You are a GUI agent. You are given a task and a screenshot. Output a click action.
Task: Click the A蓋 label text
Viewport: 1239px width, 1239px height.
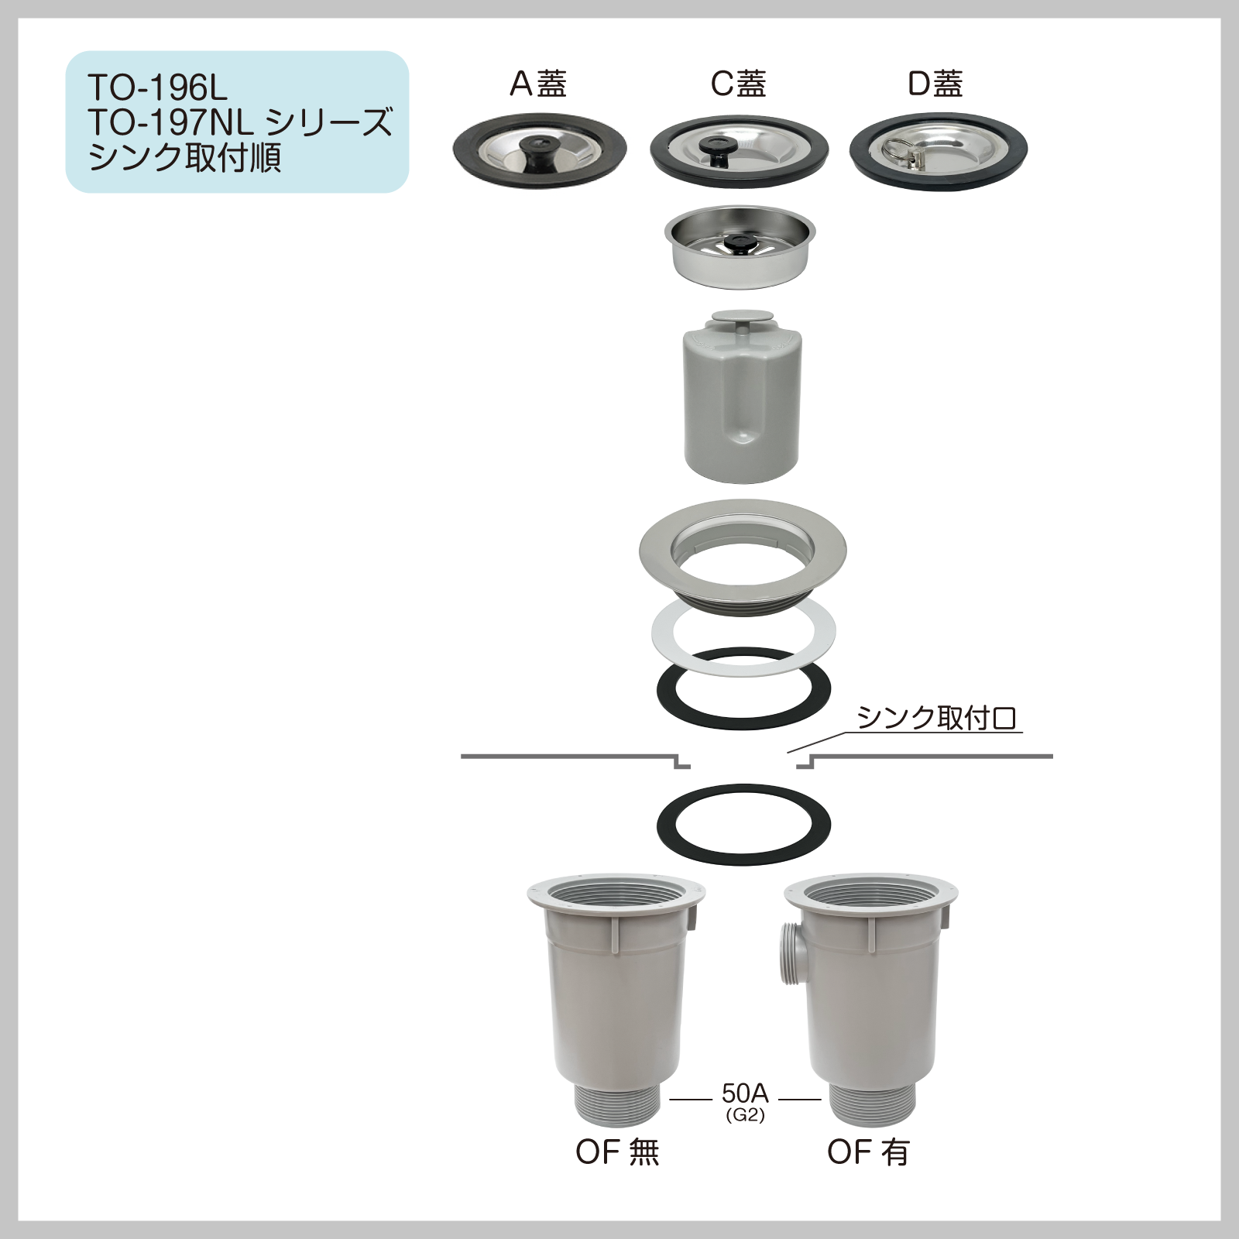tap(538, 84)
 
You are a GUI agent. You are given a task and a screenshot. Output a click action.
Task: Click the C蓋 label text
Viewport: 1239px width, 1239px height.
tap(739, 84)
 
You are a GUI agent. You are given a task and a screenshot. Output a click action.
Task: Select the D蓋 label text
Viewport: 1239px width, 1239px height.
tap(935, 84)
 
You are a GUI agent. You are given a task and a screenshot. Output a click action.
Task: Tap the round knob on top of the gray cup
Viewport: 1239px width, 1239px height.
tap(743, 317)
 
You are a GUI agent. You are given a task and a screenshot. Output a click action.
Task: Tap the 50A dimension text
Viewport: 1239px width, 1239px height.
tap(745, 1093)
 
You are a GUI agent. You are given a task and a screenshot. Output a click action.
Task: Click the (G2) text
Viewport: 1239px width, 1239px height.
tap(745, 1116)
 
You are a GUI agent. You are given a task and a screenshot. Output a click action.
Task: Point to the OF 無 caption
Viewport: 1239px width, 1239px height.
tap(617, 1152)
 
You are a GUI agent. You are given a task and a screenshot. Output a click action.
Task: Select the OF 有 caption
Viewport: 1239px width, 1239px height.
tap(868, 1152)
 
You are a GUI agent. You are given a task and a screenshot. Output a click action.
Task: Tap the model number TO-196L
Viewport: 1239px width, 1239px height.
tap(157, 88)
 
